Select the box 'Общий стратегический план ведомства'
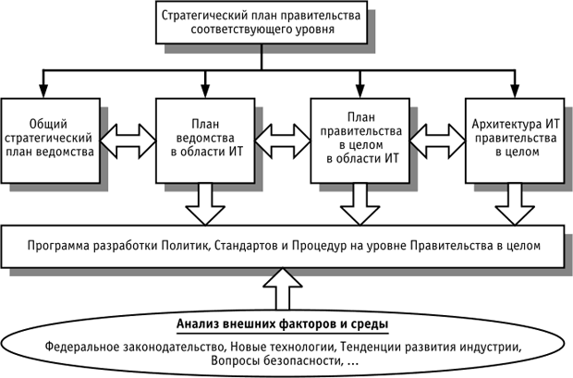(x=52, y=138)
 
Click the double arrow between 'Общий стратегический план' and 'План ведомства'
(x=128, y=139)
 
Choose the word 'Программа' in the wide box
(x=59, y=247)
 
